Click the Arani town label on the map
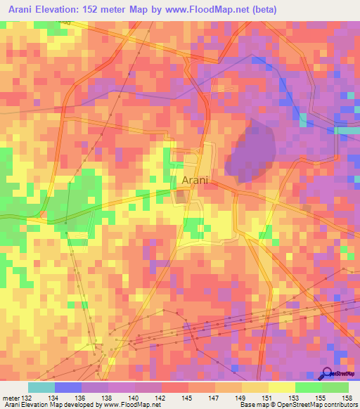pos(195,181)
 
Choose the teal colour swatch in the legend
pos(41,387)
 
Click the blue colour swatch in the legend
pos(67,387)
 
